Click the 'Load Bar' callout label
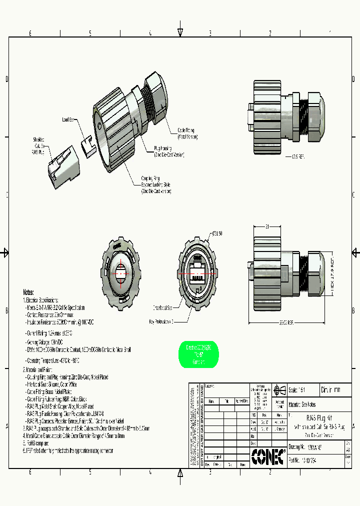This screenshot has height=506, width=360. (x=68, y=119)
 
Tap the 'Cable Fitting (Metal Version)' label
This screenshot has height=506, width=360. (x=186, y=133)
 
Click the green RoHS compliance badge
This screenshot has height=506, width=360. (x=198, y=355)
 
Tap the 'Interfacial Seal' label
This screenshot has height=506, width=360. (x=162, y=308)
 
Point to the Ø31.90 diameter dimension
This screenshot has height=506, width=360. (x=217, y=234)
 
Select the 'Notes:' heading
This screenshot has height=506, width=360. (x=28, y=292)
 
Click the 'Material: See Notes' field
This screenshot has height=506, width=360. (x=302, y=404)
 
